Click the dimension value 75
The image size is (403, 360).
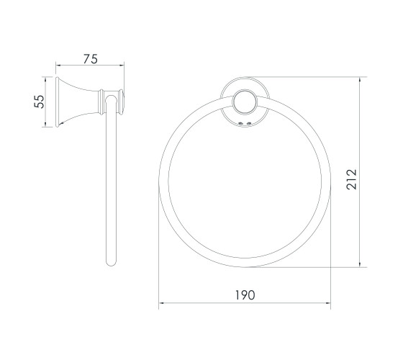91,59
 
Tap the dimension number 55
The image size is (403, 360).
40,102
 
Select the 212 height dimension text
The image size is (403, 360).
351,179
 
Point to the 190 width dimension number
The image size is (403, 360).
245,295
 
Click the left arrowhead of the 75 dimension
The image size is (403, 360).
58,66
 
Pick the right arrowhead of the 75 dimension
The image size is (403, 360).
122,66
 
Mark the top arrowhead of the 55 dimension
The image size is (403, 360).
45,79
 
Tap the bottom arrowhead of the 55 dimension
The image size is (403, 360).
45,125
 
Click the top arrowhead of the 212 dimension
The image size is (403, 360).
360,79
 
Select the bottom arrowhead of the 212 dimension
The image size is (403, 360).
360,265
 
